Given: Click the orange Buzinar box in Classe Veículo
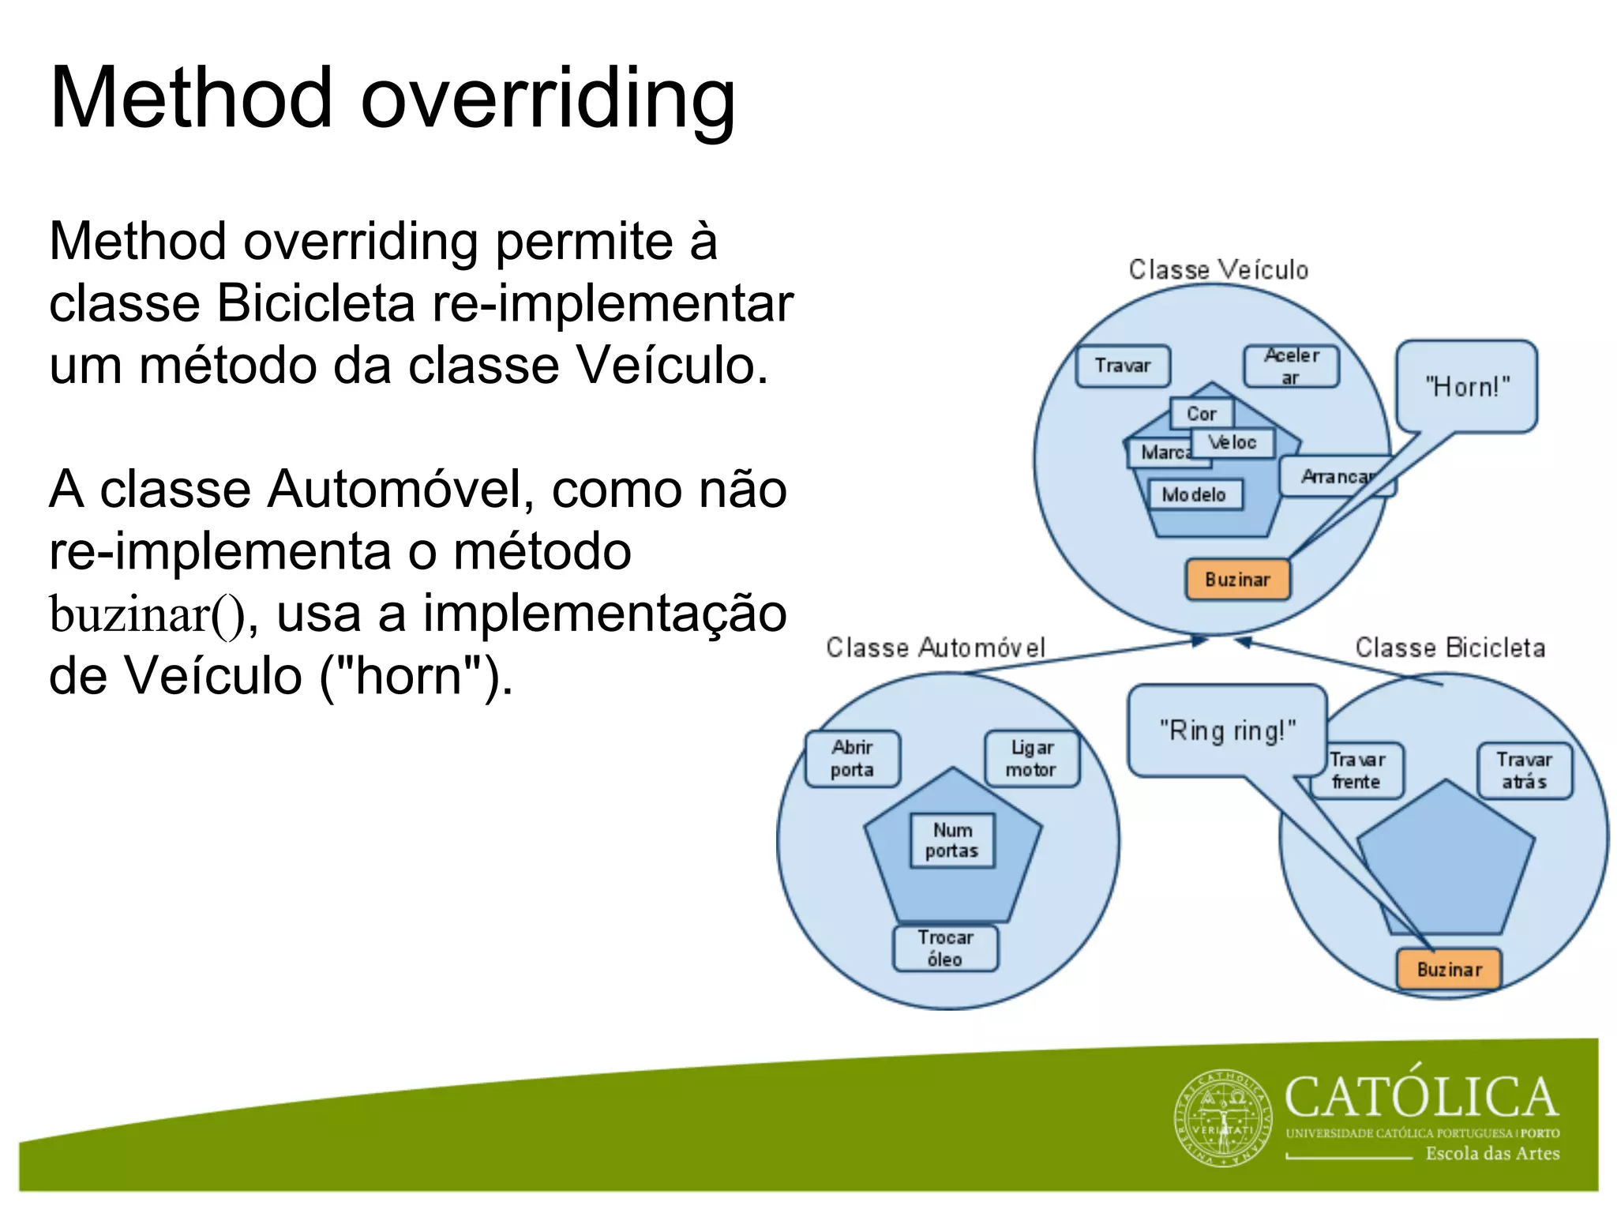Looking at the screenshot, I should click(x=1237, y=580).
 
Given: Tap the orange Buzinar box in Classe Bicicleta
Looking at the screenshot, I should click(x=1449, y=969).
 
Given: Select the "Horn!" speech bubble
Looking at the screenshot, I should click(x=1466, y=387).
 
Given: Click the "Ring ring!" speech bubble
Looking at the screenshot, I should click(x=1227, y=730).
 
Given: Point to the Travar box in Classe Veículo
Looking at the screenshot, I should click(x=1123, y=366).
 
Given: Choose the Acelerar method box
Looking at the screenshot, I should click(x=1291, y=366).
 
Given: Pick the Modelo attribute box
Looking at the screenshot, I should click(x=1194, y=495).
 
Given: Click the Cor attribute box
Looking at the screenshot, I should click(x=1202, y=413).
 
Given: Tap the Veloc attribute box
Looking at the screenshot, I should click(x=1232, y=442).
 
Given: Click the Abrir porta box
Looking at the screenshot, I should click(x=852, y=758).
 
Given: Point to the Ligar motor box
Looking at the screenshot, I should click(x=1031, y=758).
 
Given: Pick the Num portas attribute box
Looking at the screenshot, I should click(x=952, y=840).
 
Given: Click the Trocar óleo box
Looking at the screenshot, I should click(x=945, y=948).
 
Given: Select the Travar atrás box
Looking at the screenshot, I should click(x=1524, y=771).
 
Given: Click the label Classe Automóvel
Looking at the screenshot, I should click(x=935, y=648).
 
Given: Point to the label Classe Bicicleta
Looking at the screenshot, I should click(x=1450, y=648).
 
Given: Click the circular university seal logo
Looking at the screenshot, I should click(x=1222, y=1119).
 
